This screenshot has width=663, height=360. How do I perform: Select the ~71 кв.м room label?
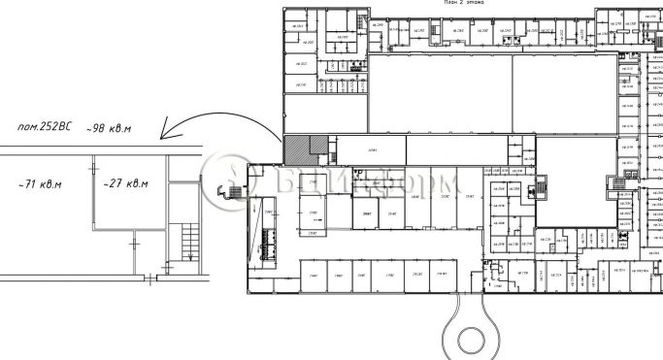[x=41, y=182]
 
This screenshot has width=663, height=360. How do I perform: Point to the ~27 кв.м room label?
[x=124, y=182]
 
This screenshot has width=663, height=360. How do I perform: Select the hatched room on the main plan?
[x=295, y=149]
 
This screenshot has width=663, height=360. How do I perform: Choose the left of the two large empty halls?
[x=442, y=93]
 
